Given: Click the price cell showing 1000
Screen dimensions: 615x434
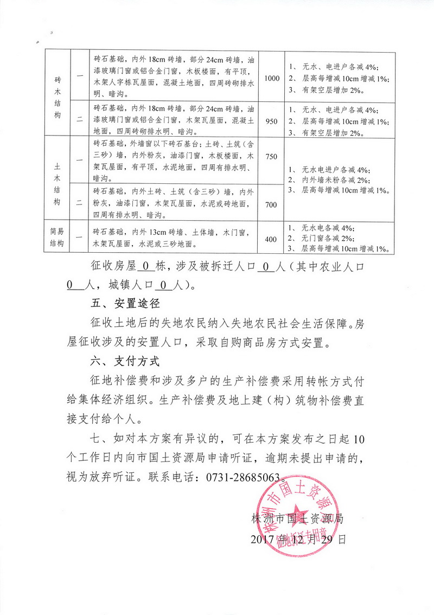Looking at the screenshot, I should tap(272, 78).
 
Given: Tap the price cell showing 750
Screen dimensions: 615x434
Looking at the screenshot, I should tap(271, 157).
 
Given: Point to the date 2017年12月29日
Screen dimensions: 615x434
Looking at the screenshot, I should tap(298, 540).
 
